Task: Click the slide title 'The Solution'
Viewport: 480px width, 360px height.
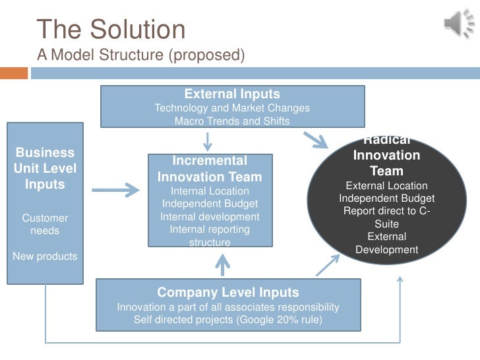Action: point(111,30)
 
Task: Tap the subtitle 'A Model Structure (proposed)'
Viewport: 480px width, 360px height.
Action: point(140,55)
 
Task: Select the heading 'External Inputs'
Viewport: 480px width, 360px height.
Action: point(231,94)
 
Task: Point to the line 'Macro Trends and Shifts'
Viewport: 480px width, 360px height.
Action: point(231,121)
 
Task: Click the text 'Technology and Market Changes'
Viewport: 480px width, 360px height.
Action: point(231,108)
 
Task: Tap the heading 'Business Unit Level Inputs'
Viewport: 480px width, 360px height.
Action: point(45,168)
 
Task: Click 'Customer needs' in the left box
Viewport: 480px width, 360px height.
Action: point(45,224)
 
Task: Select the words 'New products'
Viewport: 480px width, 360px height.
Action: point(45,256)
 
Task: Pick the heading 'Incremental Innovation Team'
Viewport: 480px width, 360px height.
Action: point(210,169)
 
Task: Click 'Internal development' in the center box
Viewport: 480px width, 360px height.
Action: point(210,217)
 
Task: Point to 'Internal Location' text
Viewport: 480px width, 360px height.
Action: point(210,191)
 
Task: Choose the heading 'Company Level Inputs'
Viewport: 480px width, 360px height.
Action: point(227,292)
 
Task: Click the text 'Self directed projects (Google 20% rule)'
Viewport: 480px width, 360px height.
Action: point(227,320)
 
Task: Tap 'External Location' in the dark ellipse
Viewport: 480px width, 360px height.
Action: point(386,186)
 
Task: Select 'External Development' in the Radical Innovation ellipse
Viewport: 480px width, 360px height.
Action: point(386,243)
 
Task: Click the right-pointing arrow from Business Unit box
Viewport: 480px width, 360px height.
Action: point(115,191)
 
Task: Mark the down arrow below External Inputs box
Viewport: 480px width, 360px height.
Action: point(208,140)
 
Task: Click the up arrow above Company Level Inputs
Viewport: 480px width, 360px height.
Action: point(223,265)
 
